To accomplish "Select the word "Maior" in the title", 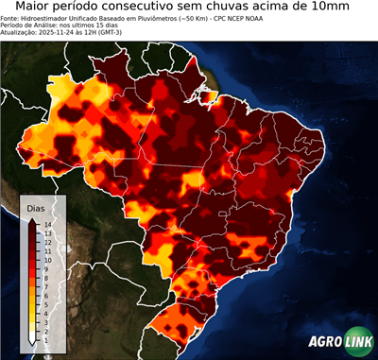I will coord(36,8).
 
